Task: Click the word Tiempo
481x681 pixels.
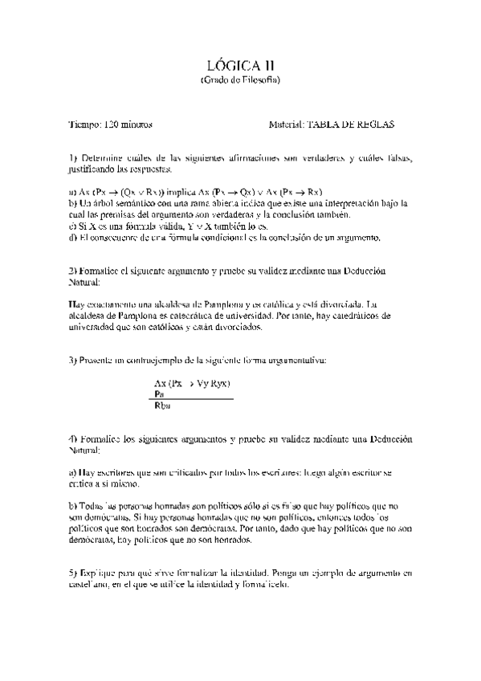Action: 84,125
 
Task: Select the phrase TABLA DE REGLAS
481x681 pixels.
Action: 351,125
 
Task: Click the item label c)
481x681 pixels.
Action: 73,226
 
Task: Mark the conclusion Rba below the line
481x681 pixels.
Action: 161,407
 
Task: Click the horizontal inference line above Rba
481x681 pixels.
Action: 193,400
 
